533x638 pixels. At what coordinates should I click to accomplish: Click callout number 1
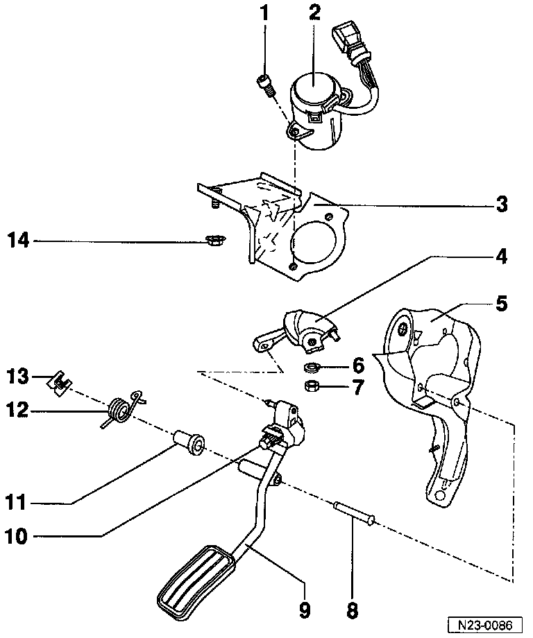(264, 13)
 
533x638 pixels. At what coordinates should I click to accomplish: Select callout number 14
(19, 241)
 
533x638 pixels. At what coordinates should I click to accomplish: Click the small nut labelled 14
(214, 241)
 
